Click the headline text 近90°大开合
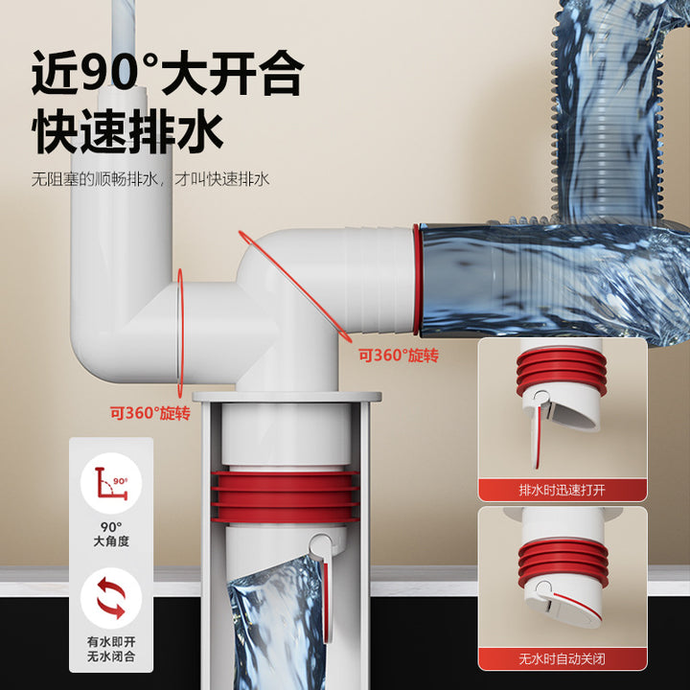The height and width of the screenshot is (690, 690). click(x=168, y=73)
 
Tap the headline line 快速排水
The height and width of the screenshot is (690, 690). click(x=127, y=131)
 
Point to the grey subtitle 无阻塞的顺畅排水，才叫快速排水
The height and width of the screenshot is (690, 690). click(x=150, y=179)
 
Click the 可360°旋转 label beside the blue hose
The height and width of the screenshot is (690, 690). click(x=399, y=356)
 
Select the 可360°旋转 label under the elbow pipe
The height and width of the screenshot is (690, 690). click(x=150, y=413)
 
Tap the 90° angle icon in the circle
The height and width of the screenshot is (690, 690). click(x=111, y=483)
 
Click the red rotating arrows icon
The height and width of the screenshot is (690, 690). click(x=111, y=598)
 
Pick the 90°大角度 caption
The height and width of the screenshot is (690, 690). click(x=111, y=534)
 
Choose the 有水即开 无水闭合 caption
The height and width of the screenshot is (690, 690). click(x=111, y=649)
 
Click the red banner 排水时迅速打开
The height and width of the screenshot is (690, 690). click(x=563, y=490)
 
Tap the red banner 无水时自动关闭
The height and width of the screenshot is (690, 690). click(x=563, y=658)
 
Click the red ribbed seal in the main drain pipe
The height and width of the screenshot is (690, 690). click(x=286, y=497)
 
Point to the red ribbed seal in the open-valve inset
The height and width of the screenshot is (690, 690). click(x=562, y=371)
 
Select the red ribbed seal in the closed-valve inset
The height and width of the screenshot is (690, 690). click(x=563, y=563)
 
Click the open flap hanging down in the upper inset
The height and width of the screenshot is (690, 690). click(x=538, y=436)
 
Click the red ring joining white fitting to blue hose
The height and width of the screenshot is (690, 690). click(x=417, y=280)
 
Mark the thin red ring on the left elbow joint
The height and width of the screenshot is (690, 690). click(x=180, y=333)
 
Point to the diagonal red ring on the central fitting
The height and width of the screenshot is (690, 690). click(x=295, y=286)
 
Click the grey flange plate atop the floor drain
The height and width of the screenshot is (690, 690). click(x=287, y=397)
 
